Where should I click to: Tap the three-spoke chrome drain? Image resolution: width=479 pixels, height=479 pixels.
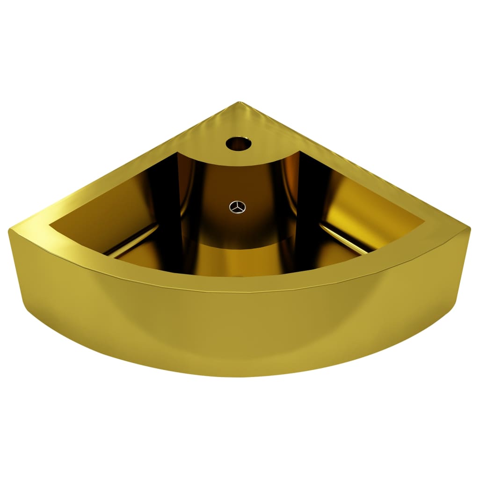[237, 207]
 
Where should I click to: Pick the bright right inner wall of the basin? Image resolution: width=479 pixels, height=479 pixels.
[370, 210]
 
